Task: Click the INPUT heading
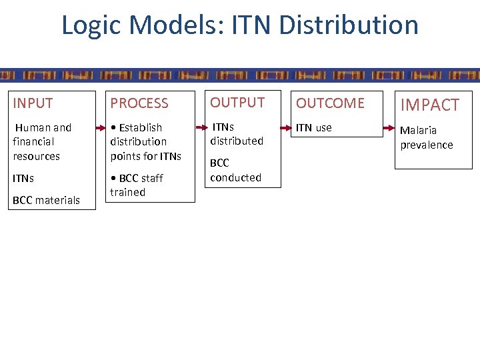pos(33,103)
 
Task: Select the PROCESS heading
pos(139,103)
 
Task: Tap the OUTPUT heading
pos(237,102)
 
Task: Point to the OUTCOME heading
pos(330,103)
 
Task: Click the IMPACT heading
pos(429,105)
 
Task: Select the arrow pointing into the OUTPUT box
pos(201,127)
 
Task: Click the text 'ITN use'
pos(313,127)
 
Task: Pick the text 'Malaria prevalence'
pos(426,137)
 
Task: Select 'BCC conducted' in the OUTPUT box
pos(235,170)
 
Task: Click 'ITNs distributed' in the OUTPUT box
pos(237,133)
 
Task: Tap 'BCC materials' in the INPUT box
pos(46,200)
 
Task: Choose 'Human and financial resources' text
pos(42,141)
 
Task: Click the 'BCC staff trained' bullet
pos(137,185)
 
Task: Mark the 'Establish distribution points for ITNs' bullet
pos(145,141)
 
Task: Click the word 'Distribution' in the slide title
pos(349,25)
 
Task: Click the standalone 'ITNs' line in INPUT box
pos(23,179)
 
